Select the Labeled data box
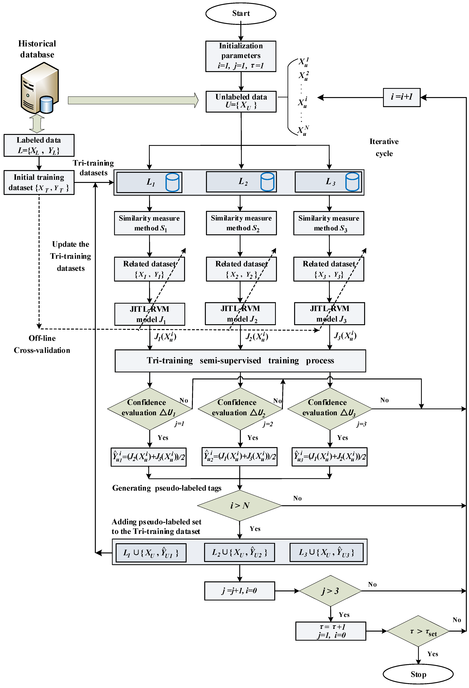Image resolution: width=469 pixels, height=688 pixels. tap(39, 145)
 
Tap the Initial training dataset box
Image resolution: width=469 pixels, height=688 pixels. tap(39, 182)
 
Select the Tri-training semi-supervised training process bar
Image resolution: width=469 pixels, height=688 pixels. tap(240, 361)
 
